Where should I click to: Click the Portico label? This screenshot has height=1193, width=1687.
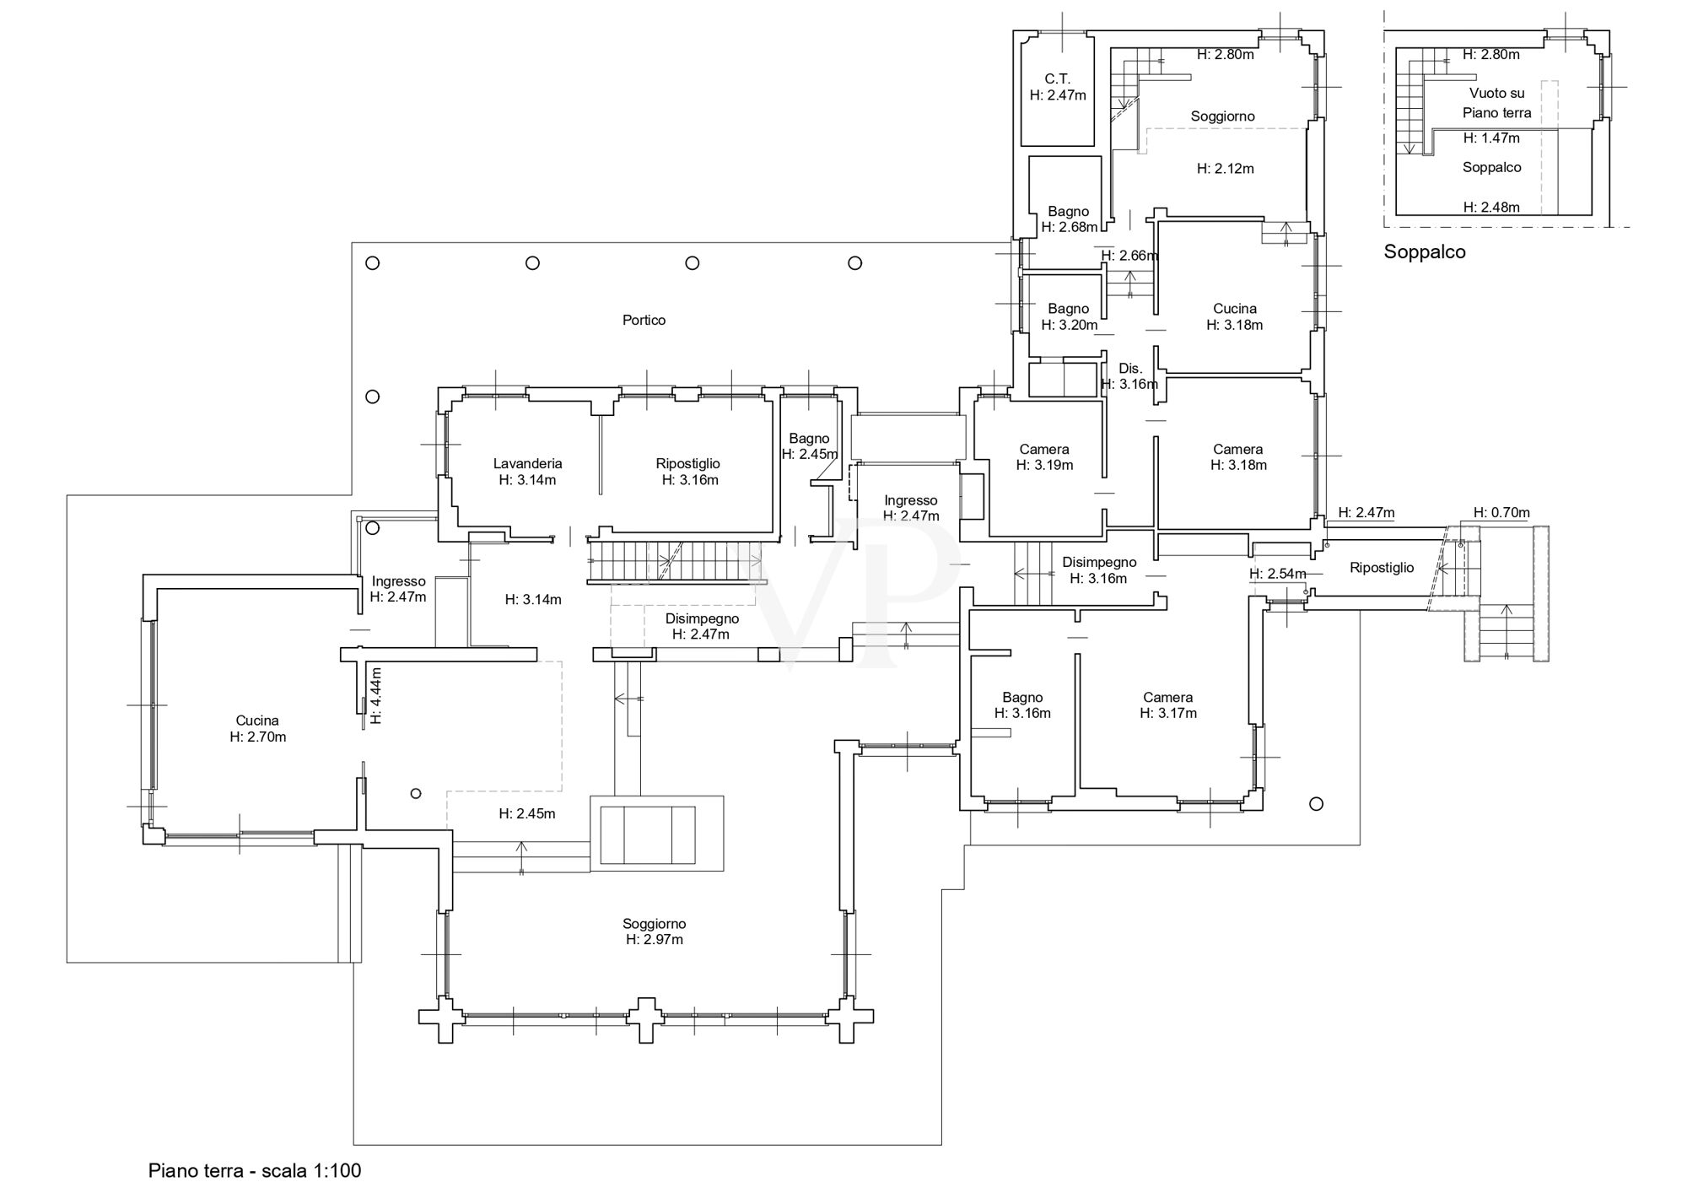(644, 320)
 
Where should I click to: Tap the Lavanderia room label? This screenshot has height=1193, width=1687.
(527, 463)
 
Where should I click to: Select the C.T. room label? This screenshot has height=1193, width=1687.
(1057, 79)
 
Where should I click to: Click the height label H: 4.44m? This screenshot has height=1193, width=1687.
(376, 696)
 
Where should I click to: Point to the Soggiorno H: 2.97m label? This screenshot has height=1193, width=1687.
(655, 931)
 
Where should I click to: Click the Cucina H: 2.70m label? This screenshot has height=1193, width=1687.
(257, 729)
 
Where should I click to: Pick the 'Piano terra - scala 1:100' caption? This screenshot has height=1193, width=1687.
(255, 1170)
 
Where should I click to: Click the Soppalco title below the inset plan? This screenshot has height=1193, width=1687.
(1425, 251)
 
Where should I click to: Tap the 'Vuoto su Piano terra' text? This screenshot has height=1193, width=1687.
(1496, 103)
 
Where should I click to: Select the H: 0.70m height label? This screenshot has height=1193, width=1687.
(1501, 512)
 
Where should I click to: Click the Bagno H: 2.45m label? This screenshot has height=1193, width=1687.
(810, 446)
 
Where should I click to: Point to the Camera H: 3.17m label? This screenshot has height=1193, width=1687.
(1168, 705)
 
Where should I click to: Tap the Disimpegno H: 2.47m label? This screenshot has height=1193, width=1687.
(701, 626)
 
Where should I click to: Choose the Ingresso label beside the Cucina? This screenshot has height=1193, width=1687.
(398, 581)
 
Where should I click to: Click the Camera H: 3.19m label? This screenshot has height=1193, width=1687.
(1044, 457)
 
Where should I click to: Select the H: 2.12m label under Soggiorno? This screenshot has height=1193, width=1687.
(1226, 169)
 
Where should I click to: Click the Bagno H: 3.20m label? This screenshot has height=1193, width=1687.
(1069, 316)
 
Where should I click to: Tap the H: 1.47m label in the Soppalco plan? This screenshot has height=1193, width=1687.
(1491, 138)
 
